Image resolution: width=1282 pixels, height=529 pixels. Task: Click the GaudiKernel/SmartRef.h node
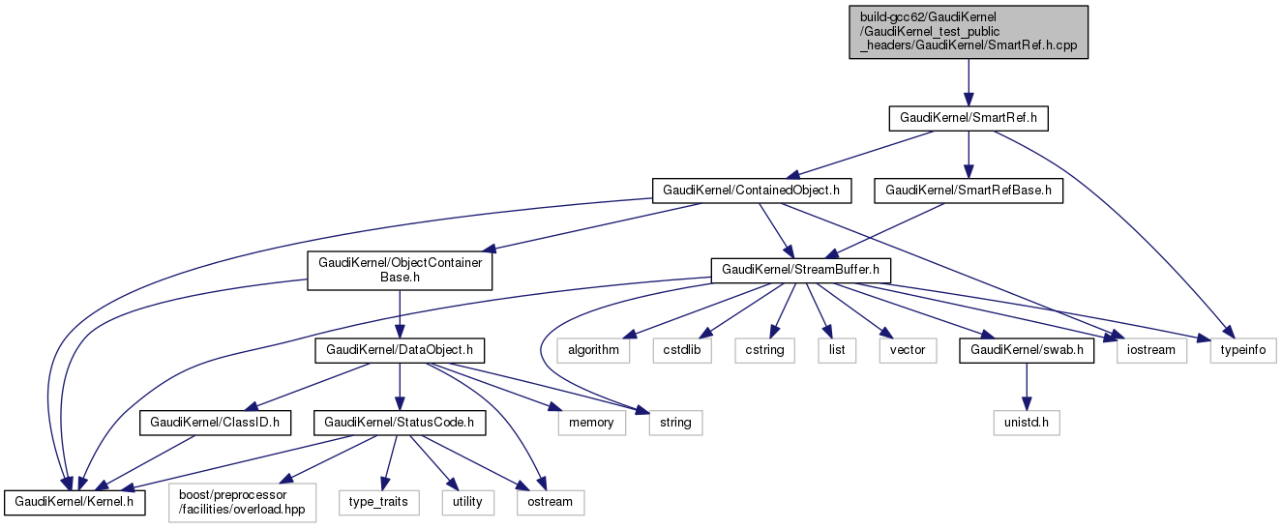(x=969, y=118)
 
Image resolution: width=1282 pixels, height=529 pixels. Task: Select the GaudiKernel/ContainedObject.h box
(x=751, y=191)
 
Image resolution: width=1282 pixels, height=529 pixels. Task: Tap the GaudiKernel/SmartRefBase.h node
(x=969, y=191)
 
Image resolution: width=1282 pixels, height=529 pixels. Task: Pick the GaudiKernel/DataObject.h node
(x=400, y=349)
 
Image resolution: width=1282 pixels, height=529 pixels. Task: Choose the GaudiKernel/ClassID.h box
(x=215, y=423)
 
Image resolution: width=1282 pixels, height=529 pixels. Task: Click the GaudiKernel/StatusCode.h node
(x=399, y=423)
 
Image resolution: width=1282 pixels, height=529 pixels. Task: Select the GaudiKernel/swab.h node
(x=1027, y=349)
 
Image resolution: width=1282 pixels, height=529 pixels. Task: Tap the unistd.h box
(x=1027, y=423)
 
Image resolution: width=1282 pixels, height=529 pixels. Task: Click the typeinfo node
(x=1243, y=349)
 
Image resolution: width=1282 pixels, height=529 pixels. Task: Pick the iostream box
(x=1151, y=349)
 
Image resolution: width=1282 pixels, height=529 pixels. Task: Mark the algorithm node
(x=592, y=349)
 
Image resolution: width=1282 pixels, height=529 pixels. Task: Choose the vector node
(x=907, y=349)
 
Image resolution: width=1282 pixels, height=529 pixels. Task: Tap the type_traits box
(x=379, y=502)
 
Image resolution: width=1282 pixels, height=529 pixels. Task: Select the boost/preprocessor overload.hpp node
(x=244, y=502)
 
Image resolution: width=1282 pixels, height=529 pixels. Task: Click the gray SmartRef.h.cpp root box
(x=969, y=32)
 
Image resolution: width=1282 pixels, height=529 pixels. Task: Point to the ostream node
(x=549, y=502)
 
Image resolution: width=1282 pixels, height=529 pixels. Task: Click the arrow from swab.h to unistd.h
(x=1027, y=386)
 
